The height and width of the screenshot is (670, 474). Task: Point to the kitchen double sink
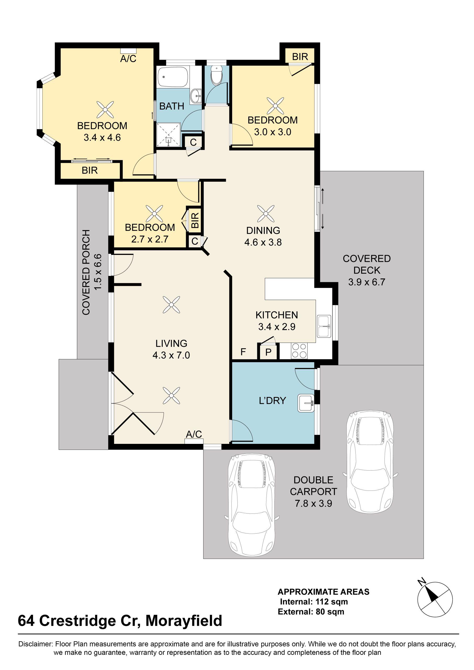click(x=324, y=326)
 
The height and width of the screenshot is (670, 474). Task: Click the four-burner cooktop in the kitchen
click(x=299, y=350)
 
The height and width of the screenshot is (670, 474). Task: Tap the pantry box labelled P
click(x=268, y=352)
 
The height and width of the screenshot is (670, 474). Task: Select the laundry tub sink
click(x=306, y=403)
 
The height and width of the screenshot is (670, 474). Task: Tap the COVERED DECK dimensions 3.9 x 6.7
click(x=367, y=282)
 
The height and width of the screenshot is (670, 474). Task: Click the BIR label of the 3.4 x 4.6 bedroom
click(x=90, y=170)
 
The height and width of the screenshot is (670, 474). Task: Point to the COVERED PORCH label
click(x=86, y=272)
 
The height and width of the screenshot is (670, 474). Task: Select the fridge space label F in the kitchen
click(x=243, y=352)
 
